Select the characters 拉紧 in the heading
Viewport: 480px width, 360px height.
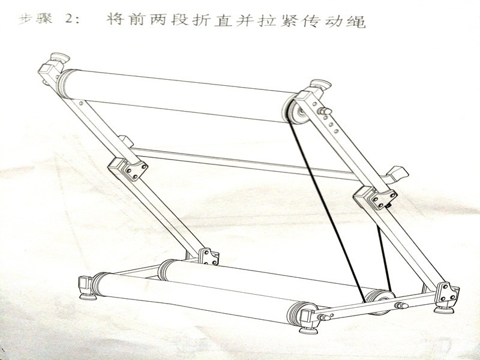click(x=280, y=22)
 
